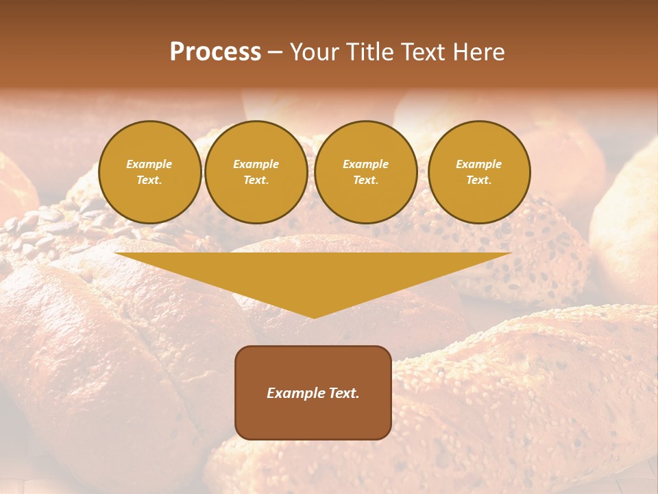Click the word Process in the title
click(215, 52)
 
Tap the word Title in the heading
click(370, 52)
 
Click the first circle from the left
click(149, 172)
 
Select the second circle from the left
click(256, 172)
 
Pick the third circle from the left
click(365, 172)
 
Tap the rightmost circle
click(478, 172)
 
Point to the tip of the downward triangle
click(313, 317)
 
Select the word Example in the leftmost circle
click(149, 164)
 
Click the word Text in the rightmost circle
click(478, 180)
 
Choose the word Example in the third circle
click(365, 164)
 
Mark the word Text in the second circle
click(256, 180)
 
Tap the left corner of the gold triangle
click(116, 254)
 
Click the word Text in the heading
click(424, 52)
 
